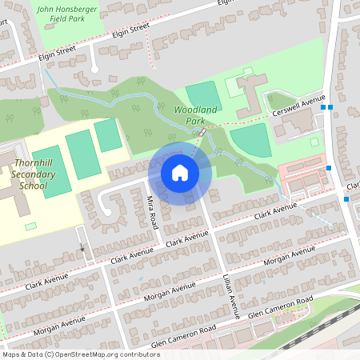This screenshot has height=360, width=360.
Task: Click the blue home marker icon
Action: point(180,172)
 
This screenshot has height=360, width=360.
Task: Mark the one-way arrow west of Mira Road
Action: point(82,248)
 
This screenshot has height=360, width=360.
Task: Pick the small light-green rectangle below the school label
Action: point(30,226)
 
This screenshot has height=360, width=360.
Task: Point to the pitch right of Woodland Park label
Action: point(202,93)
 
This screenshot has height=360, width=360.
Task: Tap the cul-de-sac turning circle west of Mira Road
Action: point(106,210)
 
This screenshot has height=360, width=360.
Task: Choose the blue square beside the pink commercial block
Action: point(329,168)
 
